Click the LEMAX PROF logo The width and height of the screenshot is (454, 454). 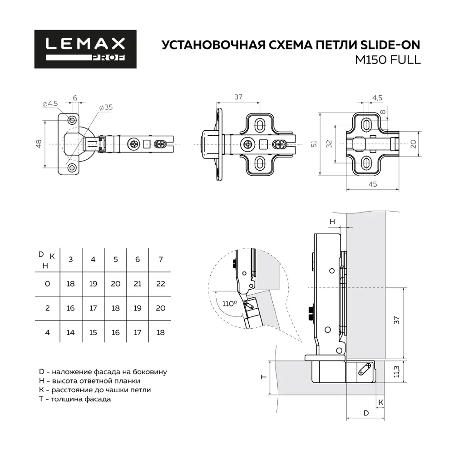coord(85,49)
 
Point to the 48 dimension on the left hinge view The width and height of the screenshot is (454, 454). coord(39,144)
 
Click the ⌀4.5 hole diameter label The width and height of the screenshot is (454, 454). coord(50,104)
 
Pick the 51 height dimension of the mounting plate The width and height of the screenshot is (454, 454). coord(313,143)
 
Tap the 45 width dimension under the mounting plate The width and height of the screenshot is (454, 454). coord(372,184)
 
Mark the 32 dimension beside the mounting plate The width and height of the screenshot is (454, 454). coord(329,143)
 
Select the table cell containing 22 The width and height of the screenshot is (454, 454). coord(160,284)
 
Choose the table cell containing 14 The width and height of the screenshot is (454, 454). coord(70,332)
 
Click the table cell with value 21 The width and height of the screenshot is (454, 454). coord(138,284)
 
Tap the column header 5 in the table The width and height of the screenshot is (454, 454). coord(115,259)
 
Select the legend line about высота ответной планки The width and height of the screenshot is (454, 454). coord(90,381)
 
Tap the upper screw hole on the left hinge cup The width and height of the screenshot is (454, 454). coord(72,119)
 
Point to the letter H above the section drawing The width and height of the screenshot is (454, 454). coord(332,222)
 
